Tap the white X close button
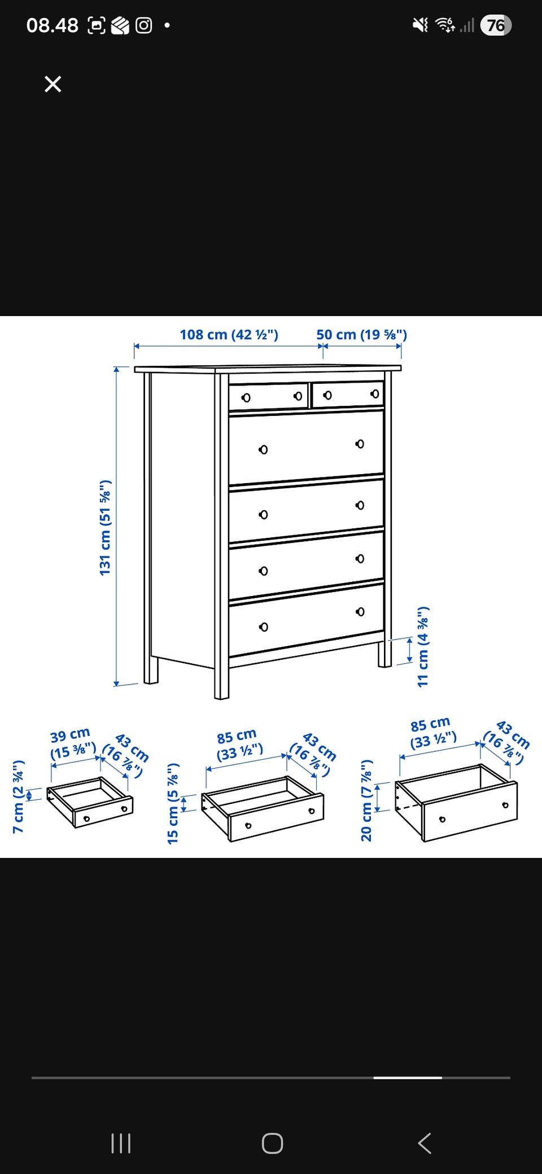(53, 84)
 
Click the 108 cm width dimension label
(229, 334)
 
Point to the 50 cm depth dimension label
(361, 334)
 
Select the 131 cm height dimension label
(105, 528)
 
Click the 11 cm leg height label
(423, 647)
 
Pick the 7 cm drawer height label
(18, 796)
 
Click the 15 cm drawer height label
(173, 803)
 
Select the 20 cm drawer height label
(366, 800)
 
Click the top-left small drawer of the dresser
(269, 396)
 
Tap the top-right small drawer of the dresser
(348, 394)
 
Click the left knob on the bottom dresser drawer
(263, 627)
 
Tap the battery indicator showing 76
(496, 25)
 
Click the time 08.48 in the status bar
(52, 25)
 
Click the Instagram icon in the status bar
(144, 25)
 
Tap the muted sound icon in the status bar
(421, 25)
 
